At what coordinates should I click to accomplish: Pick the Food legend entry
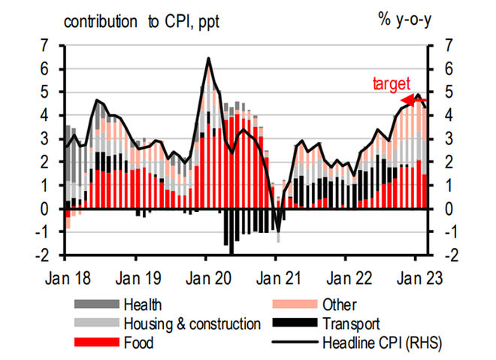138,343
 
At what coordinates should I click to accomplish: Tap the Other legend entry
340,304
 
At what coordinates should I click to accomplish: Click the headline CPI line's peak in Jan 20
207,59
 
